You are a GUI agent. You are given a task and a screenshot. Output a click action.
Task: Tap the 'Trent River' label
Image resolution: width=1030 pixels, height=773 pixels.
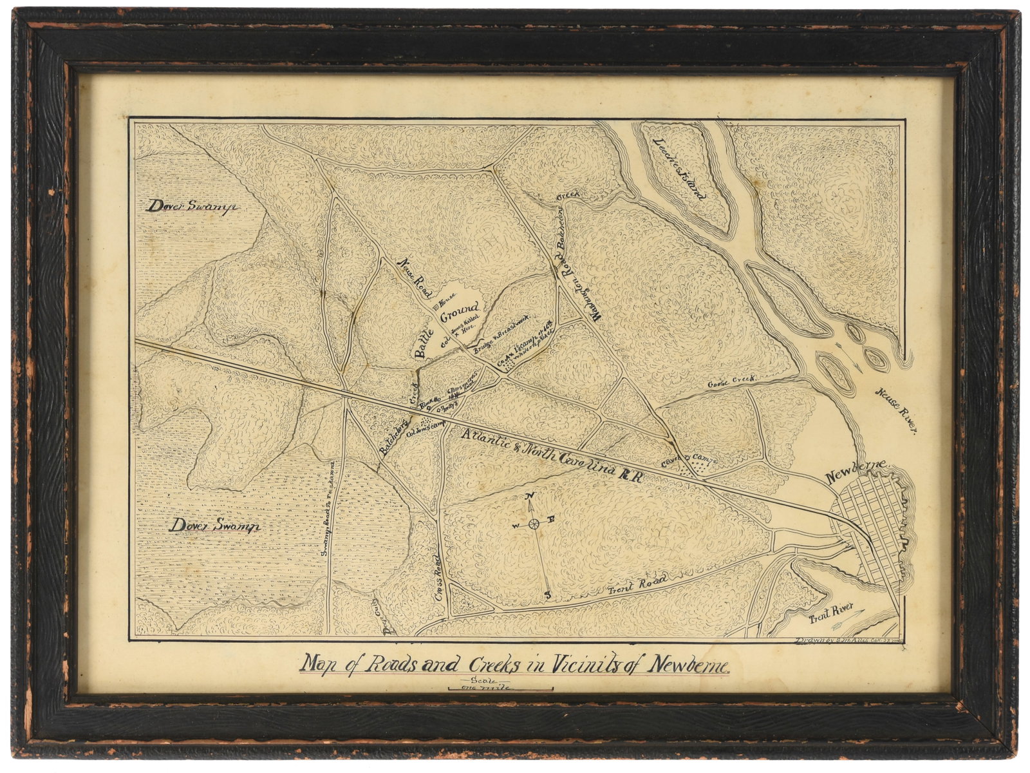coord(831,612)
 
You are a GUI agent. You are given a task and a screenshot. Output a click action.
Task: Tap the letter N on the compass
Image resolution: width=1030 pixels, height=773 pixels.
coord(530,495)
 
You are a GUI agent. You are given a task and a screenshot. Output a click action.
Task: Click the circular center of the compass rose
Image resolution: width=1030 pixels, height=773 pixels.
coord(534,525)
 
